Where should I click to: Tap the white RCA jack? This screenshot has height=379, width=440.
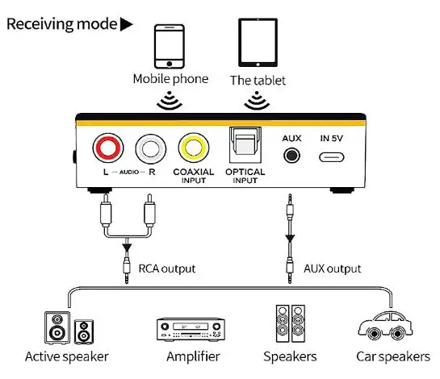click(150, 149)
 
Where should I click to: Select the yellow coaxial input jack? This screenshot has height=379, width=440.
click(195, 149)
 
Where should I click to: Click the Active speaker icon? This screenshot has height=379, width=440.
click(66, 327)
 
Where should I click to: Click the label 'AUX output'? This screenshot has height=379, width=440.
click(333, 269)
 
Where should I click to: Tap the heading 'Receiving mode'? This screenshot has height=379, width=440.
click(61, 23)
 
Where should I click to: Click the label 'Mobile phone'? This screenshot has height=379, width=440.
click(170, 79)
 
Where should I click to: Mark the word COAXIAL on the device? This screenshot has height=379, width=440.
click(194, 172)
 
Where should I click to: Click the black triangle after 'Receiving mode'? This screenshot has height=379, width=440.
click(127, 24)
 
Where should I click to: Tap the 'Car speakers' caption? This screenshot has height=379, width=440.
click(393, 356)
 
